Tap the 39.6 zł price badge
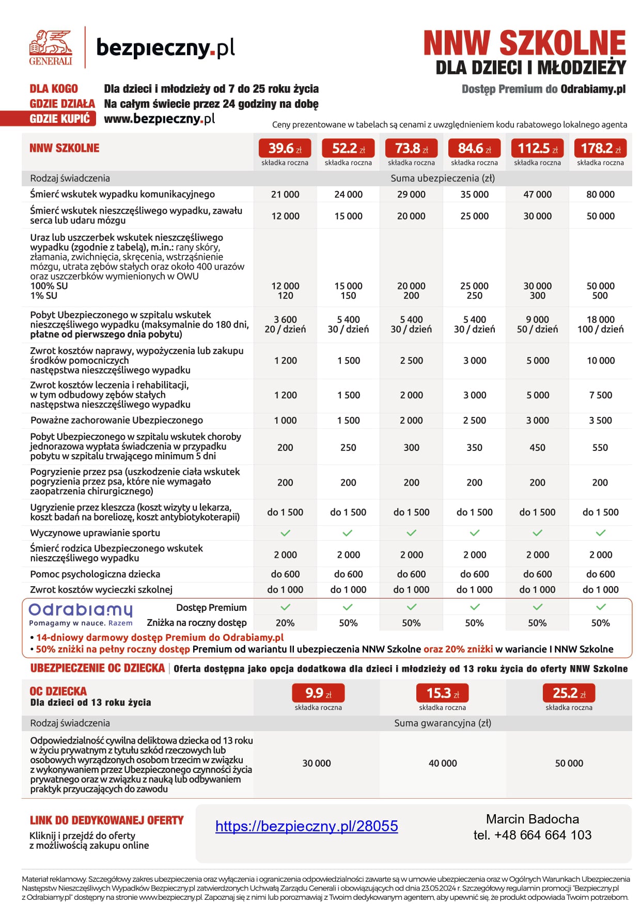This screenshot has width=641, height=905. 285,149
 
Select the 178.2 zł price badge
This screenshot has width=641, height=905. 600,149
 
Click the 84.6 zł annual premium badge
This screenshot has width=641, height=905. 474,149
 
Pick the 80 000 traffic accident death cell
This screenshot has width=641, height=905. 600,195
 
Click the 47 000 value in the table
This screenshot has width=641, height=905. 537,195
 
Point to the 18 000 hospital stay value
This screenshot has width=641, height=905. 600,319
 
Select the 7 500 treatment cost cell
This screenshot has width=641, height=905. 600,395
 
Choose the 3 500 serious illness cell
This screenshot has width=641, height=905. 600,421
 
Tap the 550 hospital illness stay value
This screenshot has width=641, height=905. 600,447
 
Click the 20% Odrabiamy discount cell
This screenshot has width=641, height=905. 285,623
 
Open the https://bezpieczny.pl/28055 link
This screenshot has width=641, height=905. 306,826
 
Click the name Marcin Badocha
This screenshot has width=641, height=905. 532,819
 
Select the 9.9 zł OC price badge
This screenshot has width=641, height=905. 318,693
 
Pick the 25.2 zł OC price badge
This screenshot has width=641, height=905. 569,693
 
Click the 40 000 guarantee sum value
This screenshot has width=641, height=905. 443,763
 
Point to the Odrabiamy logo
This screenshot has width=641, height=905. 81,613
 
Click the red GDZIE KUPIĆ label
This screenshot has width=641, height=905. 60,119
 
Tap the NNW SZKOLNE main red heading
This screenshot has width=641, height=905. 524,43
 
